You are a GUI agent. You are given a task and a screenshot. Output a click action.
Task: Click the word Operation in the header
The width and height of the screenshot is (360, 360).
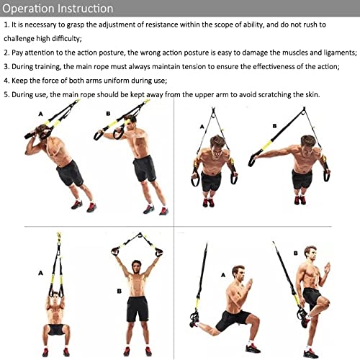[28, 9]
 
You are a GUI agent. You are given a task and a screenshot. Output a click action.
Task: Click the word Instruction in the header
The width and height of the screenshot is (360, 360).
[86, 9]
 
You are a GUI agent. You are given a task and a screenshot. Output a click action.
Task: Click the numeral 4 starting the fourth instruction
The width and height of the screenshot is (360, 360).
[6, 81]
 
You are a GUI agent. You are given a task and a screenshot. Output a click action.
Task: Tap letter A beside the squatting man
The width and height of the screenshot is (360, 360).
[40, 273]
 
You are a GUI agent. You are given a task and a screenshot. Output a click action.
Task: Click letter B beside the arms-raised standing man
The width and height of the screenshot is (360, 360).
[120, 291]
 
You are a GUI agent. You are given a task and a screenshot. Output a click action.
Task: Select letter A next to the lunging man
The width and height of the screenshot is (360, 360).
[223, 275]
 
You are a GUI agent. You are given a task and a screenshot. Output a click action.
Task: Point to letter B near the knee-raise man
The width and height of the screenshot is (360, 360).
[296, 253]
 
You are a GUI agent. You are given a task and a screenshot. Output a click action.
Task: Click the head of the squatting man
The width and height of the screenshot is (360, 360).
[55, 297]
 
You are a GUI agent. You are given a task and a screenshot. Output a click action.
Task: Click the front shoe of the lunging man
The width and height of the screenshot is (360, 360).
[253, 348]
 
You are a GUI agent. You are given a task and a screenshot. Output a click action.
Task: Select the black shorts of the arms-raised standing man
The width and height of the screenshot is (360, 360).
[138, 309]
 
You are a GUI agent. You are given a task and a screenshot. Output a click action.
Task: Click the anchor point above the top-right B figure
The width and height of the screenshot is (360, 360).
[304, 110]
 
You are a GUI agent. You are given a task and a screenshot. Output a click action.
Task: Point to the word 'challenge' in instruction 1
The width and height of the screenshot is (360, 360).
[19, 39]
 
